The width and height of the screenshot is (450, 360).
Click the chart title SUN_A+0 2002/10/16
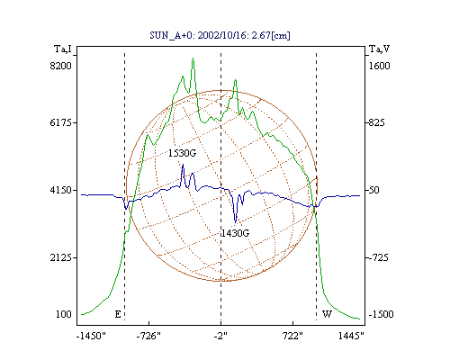(220, 35)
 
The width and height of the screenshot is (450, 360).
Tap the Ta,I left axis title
(63, 49)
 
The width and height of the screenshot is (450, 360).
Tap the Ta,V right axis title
(379, 49)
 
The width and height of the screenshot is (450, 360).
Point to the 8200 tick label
(61, 66)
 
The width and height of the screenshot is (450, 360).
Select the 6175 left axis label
(61, 122)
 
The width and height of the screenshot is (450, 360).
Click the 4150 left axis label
(61, 190)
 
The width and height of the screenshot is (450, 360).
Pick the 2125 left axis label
(61, 257)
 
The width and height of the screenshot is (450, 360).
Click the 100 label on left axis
(64, 314)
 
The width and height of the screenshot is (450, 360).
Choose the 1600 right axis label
(379, 66)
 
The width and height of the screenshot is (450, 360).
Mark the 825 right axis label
(376, 122)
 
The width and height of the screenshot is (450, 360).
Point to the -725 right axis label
(378, 257)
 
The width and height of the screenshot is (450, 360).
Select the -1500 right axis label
(381, 314)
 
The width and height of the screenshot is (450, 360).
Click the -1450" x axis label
(91, 336)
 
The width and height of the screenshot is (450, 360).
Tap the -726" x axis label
(148, 336)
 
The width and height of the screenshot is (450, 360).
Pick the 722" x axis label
(292, 336)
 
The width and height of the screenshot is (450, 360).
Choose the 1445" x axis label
(351, 336)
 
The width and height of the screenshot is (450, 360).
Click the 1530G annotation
(182, 153)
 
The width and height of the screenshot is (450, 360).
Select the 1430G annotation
(235, 233)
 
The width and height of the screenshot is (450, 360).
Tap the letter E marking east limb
(118, 314)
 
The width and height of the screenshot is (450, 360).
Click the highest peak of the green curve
(193, 58)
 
